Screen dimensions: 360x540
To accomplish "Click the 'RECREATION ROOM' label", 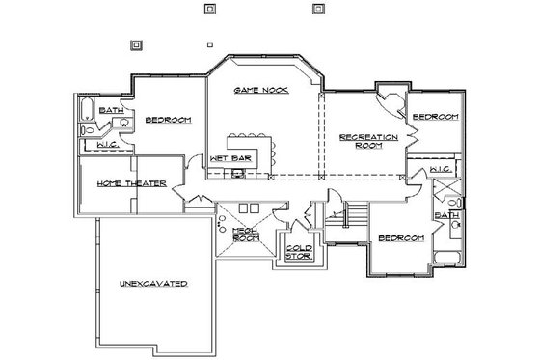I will tap(368, 142).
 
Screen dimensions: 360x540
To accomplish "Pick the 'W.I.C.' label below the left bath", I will tap(108, 145).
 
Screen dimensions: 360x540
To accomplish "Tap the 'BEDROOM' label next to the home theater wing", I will tap(168, 120).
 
